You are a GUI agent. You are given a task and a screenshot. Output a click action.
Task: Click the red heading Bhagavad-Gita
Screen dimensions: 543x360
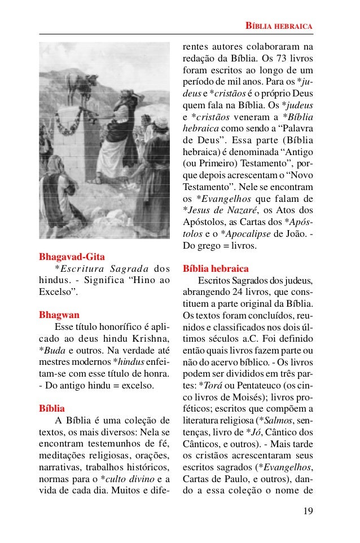(72, 258)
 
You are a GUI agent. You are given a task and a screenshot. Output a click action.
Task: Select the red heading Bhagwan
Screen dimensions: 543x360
(59, 315)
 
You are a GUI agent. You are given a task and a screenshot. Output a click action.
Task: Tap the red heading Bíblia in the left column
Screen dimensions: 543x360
(51, 408)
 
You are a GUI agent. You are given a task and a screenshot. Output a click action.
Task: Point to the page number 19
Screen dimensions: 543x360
(308, 511)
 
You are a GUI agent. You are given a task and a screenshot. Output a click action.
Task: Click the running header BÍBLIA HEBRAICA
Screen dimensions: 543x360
(279, 26)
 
